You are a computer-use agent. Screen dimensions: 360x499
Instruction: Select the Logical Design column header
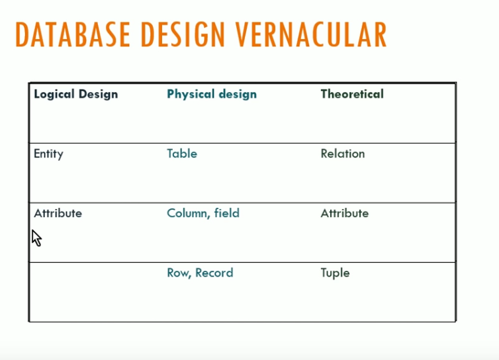pyautogui.click(x=75, y=94)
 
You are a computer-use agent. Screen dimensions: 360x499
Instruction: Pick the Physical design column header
pyautogui.click(x=212, y=94)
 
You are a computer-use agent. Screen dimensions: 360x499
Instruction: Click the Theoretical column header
pyautogui.click(x=352, y=94)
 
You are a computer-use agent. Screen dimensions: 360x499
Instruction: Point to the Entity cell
pyautogui.click(x=48, y=154)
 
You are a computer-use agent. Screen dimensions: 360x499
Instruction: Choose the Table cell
pyautogui.click(x=182, y=154)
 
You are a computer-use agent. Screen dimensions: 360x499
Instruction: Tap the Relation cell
pyautogui.click(x=343, y=154)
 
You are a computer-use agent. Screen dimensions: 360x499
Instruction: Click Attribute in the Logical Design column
pyautogui.click(x=58, y=213)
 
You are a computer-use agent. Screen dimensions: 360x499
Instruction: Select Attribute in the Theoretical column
pyautogui.click(x=345, y=213)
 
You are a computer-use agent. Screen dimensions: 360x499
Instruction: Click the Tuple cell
pyautogui.click(x=335, y=273)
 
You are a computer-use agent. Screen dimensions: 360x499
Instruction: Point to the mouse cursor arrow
pyautogui.click(x=36, y=237)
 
